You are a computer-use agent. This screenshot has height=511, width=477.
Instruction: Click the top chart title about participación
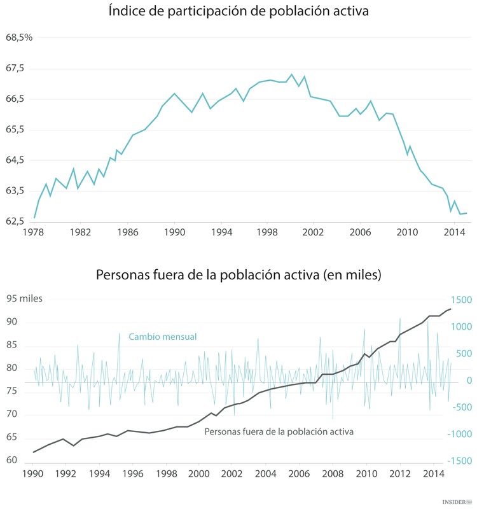238,11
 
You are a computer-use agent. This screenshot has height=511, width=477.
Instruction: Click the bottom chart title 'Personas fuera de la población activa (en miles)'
238,275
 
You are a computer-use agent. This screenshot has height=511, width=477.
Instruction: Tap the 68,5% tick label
19,38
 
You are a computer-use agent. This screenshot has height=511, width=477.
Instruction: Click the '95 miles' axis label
24,298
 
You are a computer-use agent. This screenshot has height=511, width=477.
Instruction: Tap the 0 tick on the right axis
469,380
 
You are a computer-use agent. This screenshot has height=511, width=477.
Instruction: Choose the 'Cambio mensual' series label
162,337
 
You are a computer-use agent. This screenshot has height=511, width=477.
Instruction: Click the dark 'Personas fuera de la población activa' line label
279,431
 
